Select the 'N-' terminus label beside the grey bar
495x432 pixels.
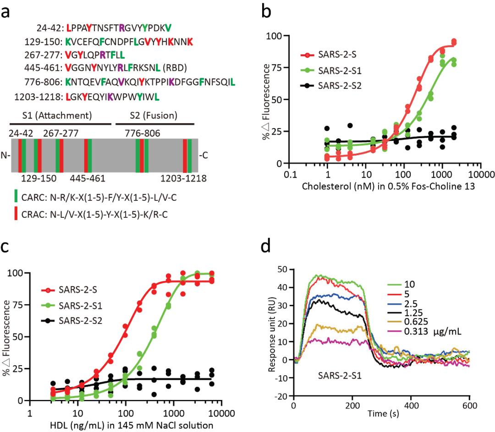[6, 155]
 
